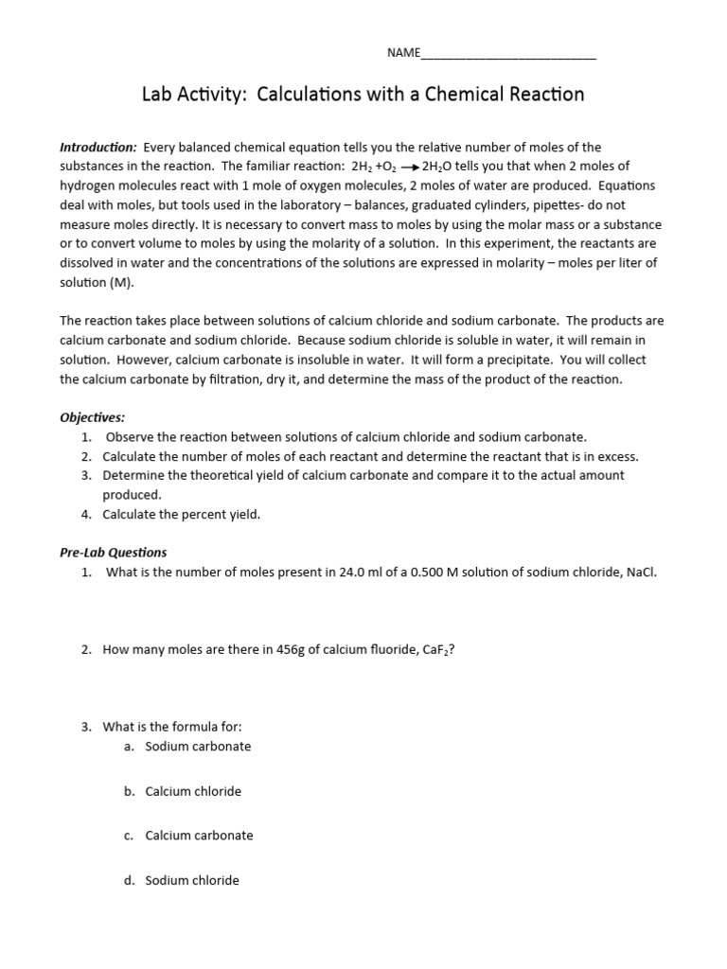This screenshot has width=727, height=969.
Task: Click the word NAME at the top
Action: [403, 53]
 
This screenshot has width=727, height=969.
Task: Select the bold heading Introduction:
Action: [98, 148]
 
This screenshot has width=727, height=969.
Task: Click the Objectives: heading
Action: [93, 417]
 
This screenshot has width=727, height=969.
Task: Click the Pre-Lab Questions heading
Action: [114, 553]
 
